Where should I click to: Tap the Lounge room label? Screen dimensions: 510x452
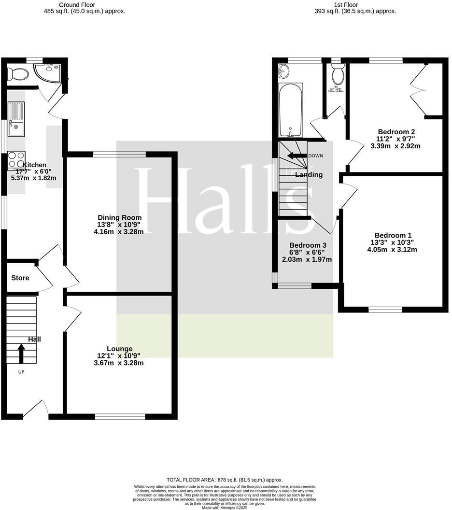click(x=120, y=349)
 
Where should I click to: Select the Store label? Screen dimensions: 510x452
click(x=20, y=278)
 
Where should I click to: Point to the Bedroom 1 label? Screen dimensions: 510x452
click(x=392, y=235)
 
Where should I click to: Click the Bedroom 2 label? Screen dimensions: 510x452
click(x=396, y=131)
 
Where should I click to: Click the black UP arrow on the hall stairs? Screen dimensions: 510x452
click(x=21, y=353)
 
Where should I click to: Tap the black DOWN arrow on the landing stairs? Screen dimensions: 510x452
click(x=296, y=156)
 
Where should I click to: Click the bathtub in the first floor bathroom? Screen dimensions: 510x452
click(x=290, y=111)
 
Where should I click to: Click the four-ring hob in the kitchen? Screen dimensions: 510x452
click(x=16, y=160)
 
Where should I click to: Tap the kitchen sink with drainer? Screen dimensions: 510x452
click(x=15, y=119)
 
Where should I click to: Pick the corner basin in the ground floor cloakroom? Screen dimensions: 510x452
click(x=51, y=71)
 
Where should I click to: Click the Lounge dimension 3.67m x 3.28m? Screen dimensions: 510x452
click(x=119, y=363)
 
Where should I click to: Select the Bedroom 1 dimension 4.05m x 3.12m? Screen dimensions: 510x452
click(x=392, y=250)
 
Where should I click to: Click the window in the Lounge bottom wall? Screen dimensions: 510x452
click(x=120, y=416)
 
